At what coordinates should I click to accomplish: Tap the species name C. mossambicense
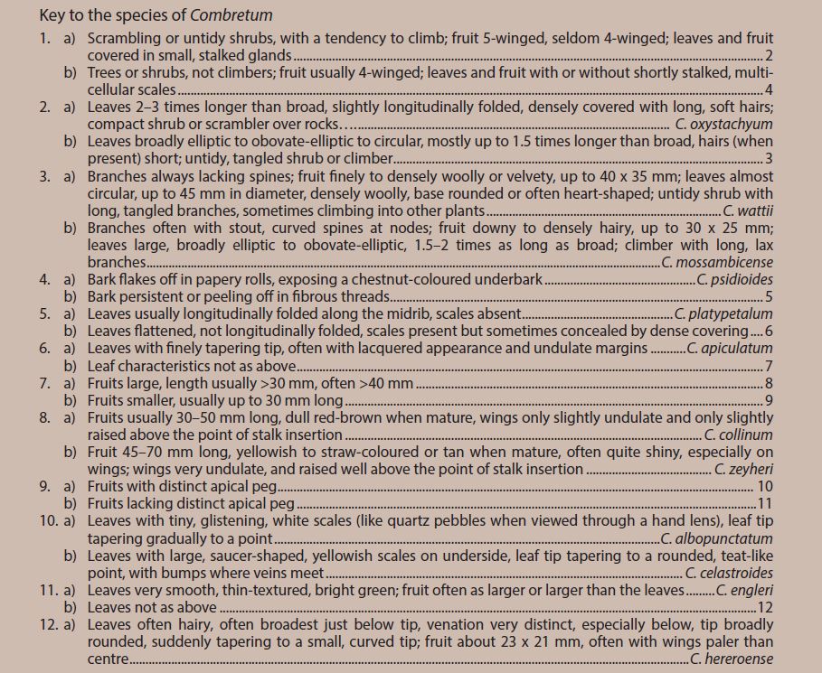pos(718,262)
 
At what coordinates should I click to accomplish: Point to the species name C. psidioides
pos(735,279)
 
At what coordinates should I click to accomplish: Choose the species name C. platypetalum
pos(724,313)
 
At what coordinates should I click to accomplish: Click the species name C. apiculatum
pos(730,348)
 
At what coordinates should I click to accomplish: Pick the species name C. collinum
pos(740,435)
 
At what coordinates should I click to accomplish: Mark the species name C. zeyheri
pos(744,469)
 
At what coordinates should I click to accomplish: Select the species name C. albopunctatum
pos(717,538)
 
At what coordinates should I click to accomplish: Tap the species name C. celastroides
pos(730,573)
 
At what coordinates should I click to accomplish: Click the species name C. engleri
pos(745,590)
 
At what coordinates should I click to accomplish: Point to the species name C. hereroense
pos(732,659)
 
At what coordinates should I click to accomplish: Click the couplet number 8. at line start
pos(45,417)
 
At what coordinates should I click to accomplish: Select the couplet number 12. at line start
pos(49,624)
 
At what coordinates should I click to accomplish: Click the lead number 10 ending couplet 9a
pos(765,486)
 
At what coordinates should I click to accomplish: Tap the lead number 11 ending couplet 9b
pos(765,503)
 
